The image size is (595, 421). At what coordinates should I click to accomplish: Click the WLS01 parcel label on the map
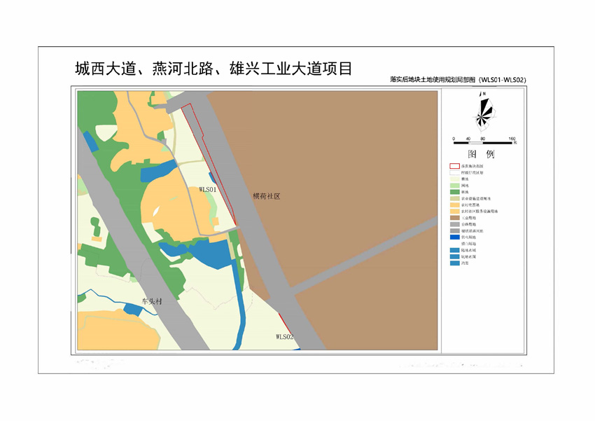[209, 189]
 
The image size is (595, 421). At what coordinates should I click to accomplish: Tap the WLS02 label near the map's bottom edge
[284, 337]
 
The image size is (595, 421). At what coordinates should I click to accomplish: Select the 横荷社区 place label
[267, 197]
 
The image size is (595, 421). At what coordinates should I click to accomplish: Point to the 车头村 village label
[151, 301]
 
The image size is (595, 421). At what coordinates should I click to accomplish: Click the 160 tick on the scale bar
[512, 139]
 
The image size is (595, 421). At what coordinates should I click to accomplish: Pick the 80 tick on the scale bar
[482, 139]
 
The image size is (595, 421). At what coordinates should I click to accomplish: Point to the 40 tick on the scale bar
[468, 139]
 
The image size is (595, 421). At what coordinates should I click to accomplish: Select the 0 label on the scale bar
[453, 139]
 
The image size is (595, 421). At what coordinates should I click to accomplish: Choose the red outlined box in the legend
[454, 165]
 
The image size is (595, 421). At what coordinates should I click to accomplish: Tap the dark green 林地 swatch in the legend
[454, 191]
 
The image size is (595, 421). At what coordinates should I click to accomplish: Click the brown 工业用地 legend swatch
[454, 217]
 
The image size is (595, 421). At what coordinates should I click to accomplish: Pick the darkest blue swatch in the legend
[454, 237]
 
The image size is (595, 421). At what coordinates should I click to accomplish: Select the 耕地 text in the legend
[465, 179]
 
